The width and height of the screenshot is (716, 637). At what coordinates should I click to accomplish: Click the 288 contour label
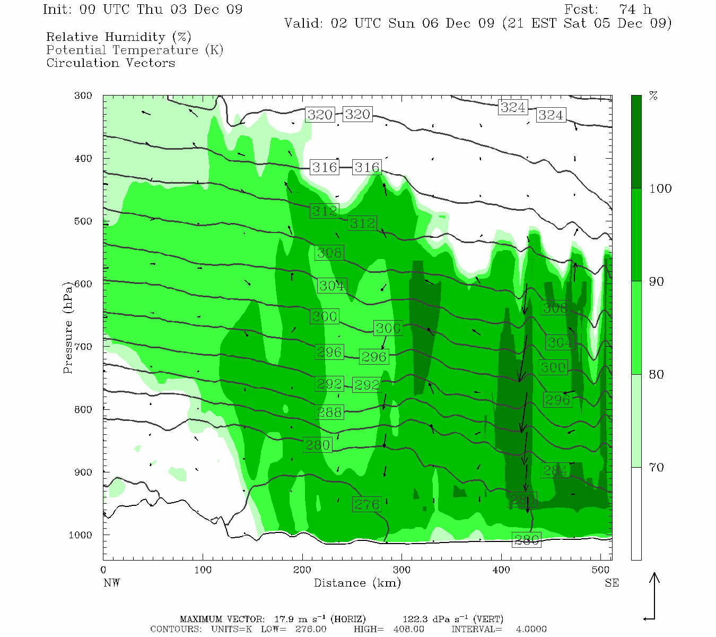329,412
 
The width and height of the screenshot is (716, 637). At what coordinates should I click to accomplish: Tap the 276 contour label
366,504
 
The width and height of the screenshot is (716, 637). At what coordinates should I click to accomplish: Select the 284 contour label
555,470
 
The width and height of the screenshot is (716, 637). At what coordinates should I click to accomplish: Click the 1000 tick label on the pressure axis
81,535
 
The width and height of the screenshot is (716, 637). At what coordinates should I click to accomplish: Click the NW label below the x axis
111,583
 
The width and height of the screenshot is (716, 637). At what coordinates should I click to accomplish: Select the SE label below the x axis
612,583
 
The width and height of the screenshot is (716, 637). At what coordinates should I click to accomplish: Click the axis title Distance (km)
357,583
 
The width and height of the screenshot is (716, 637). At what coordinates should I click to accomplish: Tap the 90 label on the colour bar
657,281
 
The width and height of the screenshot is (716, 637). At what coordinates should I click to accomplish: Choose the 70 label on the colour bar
657,468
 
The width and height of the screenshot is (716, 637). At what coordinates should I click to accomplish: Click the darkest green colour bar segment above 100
636,142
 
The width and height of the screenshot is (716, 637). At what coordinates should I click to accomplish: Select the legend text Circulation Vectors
110,63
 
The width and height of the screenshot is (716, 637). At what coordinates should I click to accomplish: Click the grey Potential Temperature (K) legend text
135,50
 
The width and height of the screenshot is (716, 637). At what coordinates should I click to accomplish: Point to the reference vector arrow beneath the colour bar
654,597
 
